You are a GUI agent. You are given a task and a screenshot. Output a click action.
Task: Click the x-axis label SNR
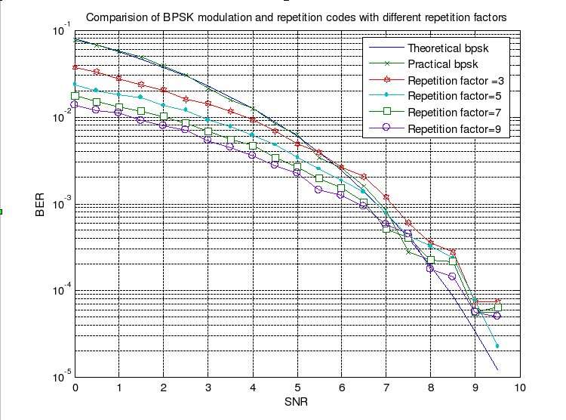pos(297,403)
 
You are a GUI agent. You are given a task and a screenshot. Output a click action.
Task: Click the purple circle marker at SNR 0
pos(75,105)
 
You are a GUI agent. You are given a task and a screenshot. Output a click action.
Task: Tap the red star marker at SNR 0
pos(75,67)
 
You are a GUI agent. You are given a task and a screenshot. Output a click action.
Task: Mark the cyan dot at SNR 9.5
pos(497,346)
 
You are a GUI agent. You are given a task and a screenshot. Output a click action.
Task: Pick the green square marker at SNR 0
pos(75,96)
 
